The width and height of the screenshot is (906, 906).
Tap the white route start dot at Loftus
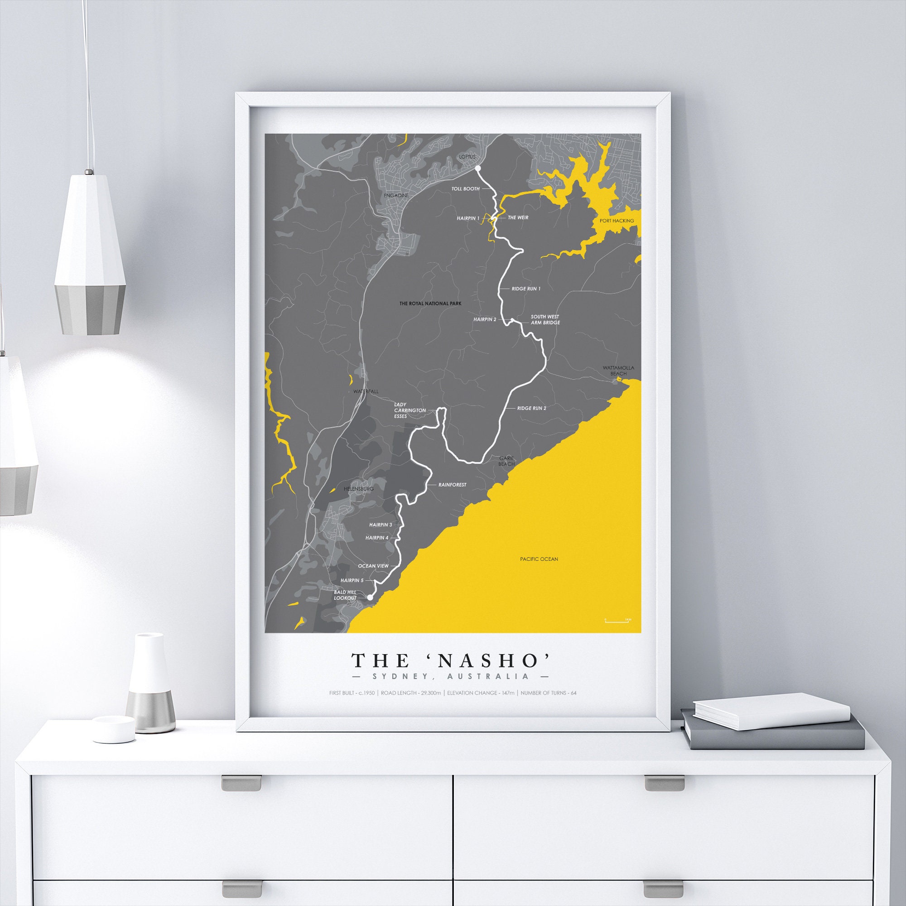tap(478, 168)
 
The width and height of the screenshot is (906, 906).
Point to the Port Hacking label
tap(617, 221)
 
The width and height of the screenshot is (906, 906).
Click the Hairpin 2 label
tap(484, 319)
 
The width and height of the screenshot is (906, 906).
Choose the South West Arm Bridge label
tap(545, 319)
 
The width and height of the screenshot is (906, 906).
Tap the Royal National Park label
tap(430, 304)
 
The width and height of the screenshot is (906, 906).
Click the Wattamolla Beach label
tap(618, 371)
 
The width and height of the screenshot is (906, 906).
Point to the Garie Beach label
tap(506, 461)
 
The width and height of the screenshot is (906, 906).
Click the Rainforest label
tap(452, 484)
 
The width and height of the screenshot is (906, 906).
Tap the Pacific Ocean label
tap(539, 559)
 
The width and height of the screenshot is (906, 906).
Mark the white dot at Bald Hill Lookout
tap(370, 598)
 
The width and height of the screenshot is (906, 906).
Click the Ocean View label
tap(373, 566)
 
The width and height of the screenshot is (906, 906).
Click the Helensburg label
tap(358, 489)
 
